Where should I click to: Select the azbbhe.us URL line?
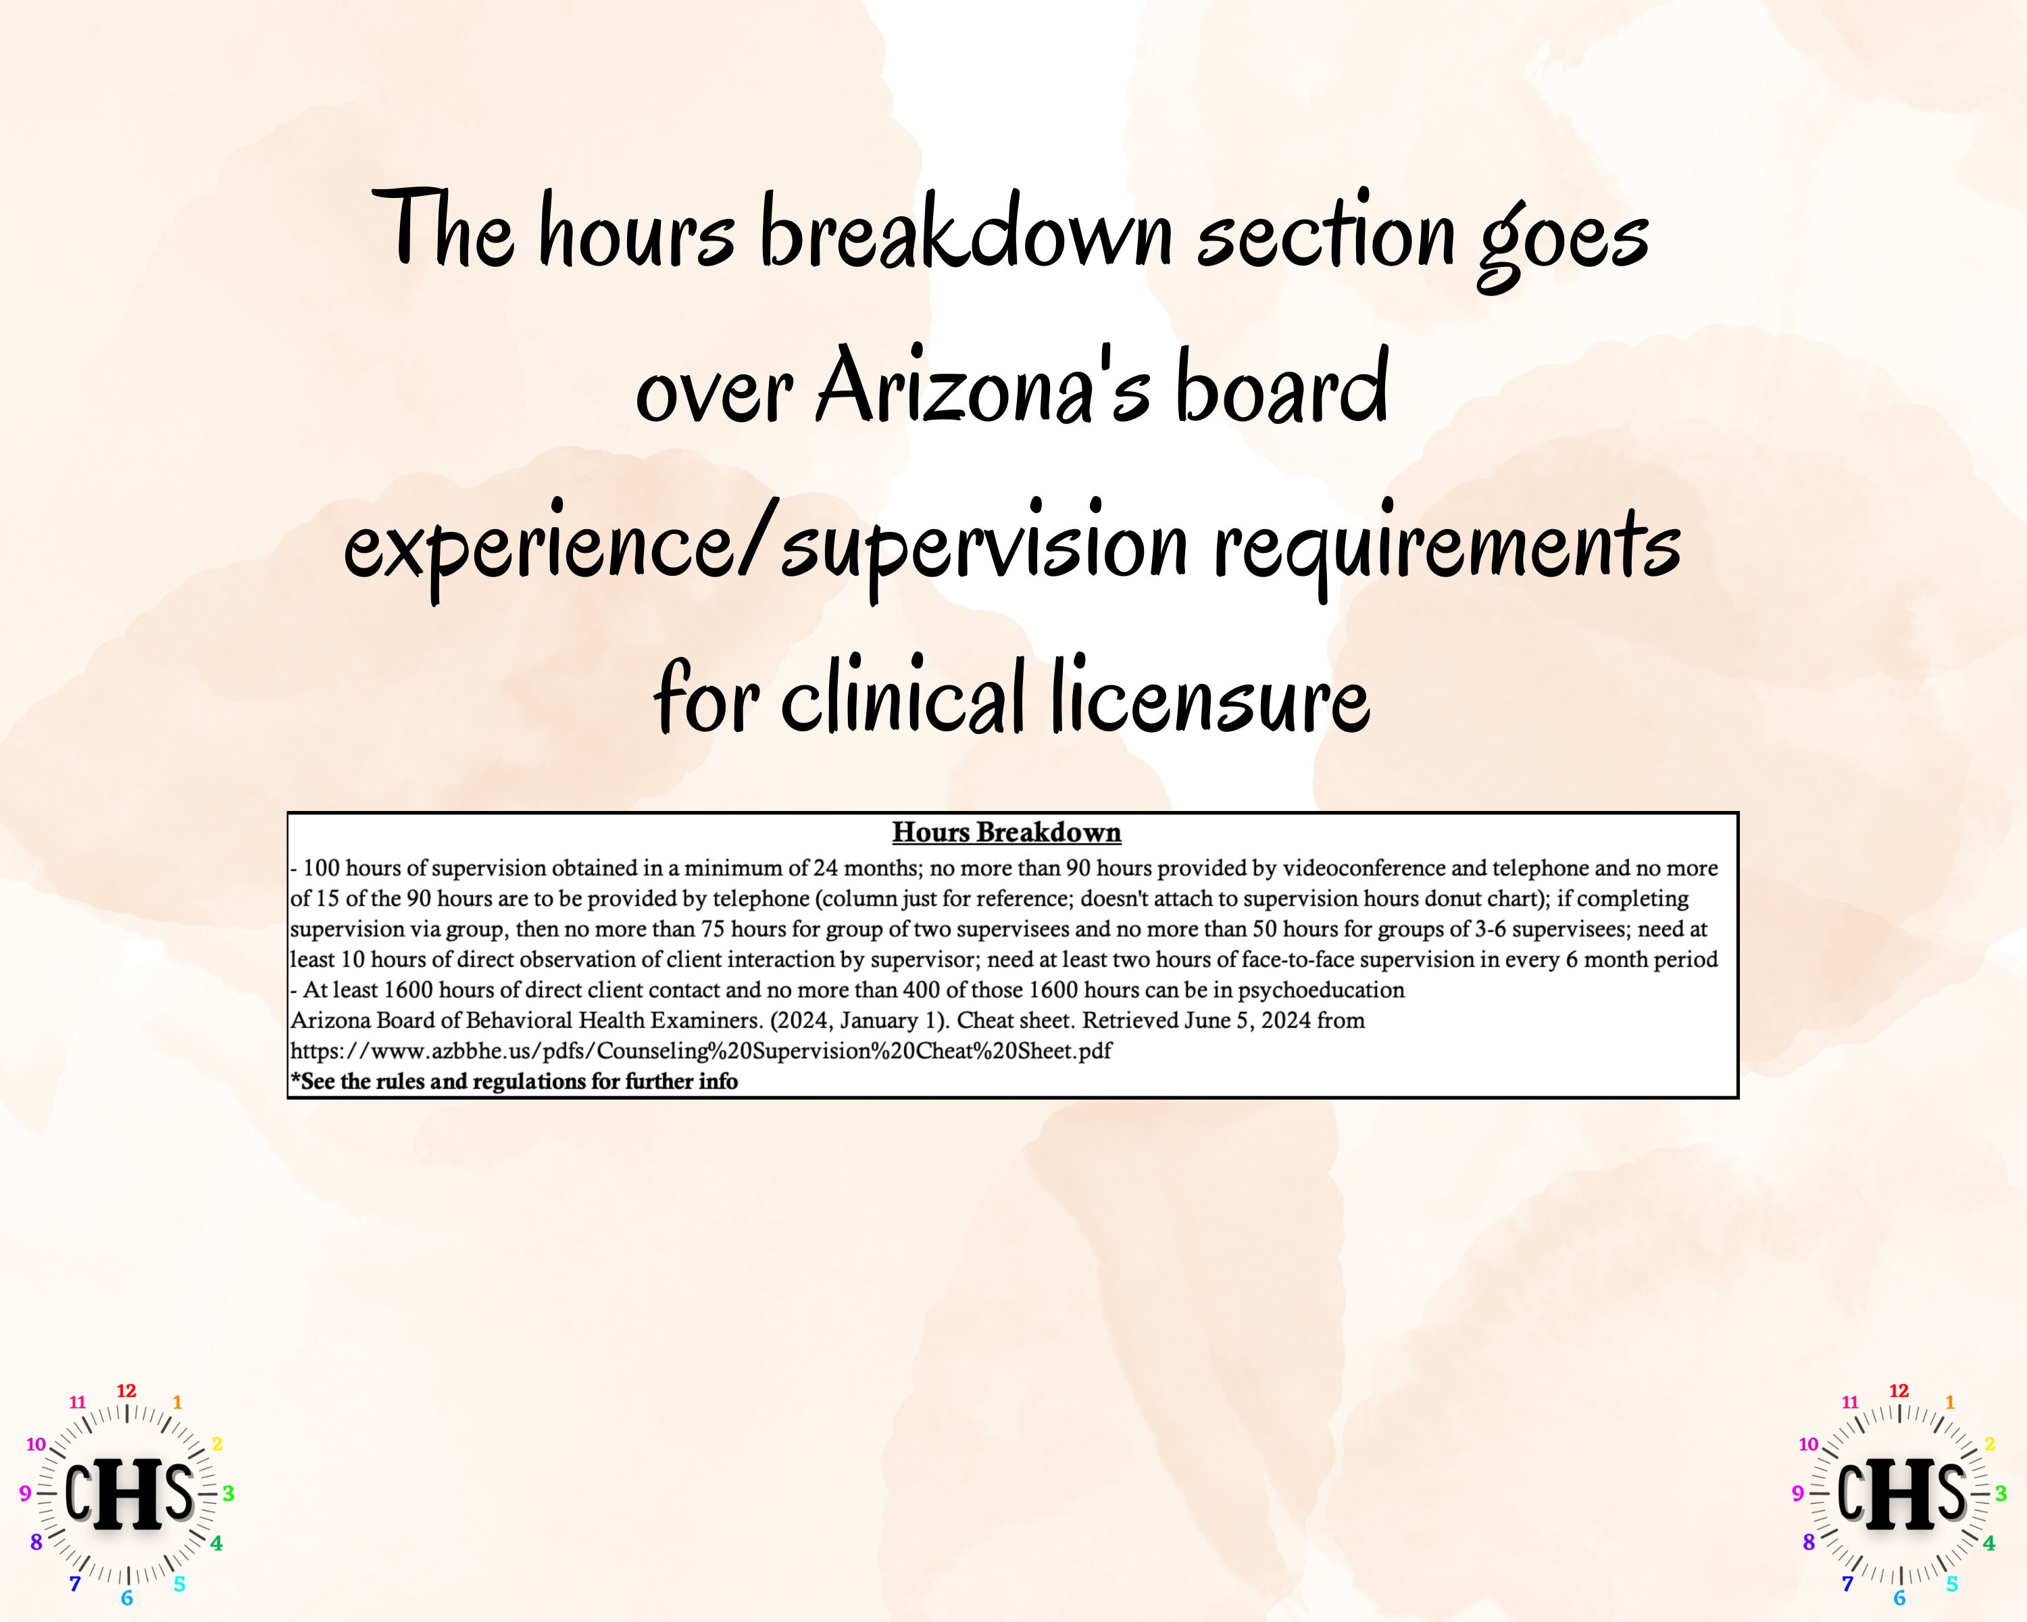pyautogui.click(x=701, y=1051)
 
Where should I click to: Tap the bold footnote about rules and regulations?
pyautogui.click(x=514, y=1082)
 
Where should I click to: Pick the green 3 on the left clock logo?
pyautogui.click(x=228, y=1493)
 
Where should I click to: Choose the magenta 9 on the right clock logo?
pyautogui.click(x=1797, y=1493)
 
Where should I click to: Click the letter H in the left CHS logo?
pyautogui.click(x=130, y=1494)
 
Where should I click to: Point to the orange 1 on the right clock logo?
pyautogui.click(x=1950, y=1402)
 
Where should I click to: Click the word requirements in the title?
pyautogui.click(x=1448, y=545)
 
